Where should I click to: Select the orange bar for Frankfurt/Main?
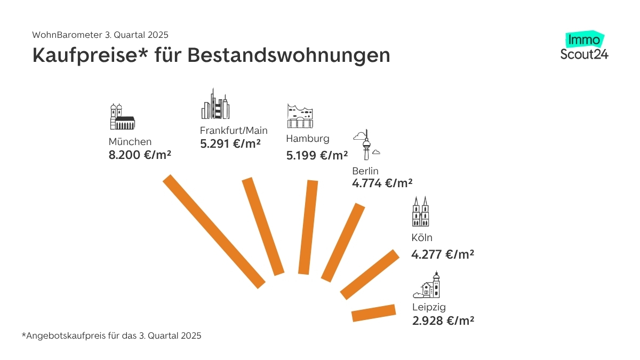[263, 227]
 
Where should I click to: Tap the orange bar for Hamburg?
[308, 228]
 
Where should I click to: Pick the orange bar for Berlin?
[343, 242]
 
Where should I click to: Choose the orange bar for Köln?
[370, 274]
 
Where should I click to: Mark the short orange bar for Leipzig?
[374, 313]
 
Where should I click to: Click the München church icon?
[122, 117]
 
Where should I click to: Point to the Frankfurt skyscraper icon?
[215, 105]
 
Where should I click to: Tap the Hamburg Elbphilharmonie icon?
[299, 116]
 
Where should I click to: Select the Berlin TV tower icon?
[366, 145]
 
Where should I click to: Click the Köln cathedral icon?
[420, 211]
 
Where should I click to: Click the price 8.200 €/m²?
[140, 155]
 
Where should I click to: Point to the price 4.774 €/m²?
[382, 183]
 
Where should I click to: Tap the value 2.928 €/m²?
[443, 321]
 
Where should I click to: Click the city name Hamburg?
[308, 139]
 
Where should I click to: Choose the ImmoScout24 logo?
[584, 46]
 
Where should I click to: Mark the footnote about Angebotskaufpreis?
[111, 336]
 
